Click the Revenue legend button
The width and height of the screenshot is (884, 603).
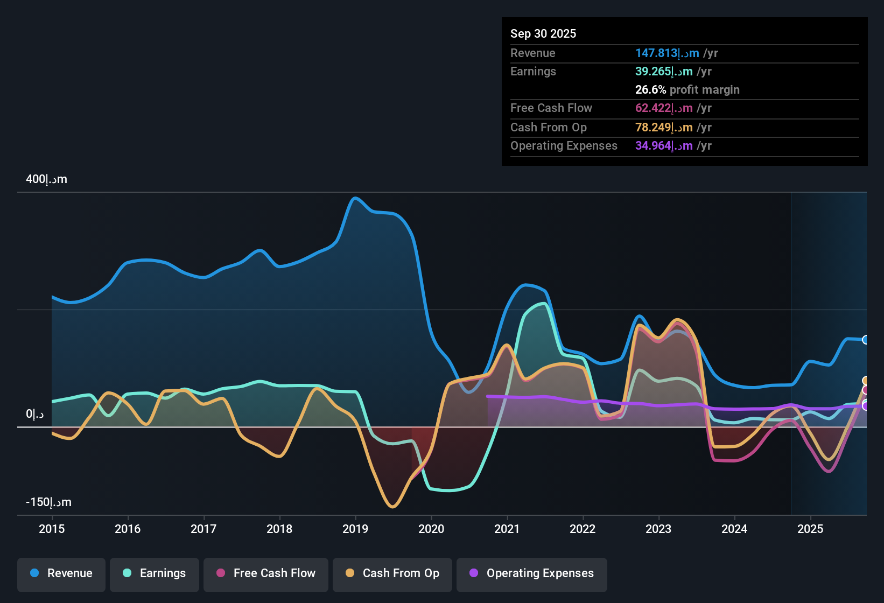pyautogui.click(x=61, y=573)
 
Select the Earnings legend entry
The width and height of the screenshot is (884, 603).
pyautogui.click(x=155, y=573)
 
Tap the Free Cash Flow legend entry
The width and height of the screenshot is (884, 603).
pyautogui.click(x=266, y=573)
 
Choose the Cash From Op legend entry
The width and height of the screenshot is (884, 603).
pyautogui.click(x=392, y=573)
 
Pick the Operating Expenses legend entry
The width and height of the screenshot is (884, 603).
pyautogui.click(x=532, y=573)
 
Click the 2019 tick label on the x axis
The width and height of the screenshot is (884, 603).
pyautogui.click(x=355, y=529)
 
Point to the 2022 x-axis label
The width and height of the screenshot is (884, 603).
pyautogui.click(x=583, y=529)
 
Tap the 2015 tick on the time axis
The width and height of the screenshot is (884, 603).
pyautogui.click(x=52, y=529)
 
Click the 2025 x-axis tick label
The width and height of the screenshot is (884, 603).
pyautogui.click(x=810, y=529)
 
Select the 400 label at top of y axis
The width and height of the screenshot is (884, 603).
pyautogui.click(x=47, y=179)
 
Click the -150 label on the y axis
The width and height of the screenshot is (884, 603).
pyautogui.click(x=48, y=502)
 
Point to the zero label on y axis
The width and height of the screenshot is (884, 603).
pyautogui.click(x=35, y=414)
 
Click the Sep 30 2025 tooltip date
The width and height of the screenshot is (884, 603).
pyautogui.click(x=543, y=33)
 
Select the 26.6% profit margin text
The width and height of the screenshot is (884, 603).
pyautogui.click(x=687, y=90)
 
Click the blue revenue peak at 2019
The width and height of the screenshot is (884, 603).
pyautogui.click(x=354, y=198)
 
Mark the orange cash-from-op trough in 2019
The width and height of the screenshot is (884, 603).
pyautogui.click(x=392, y=507)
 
